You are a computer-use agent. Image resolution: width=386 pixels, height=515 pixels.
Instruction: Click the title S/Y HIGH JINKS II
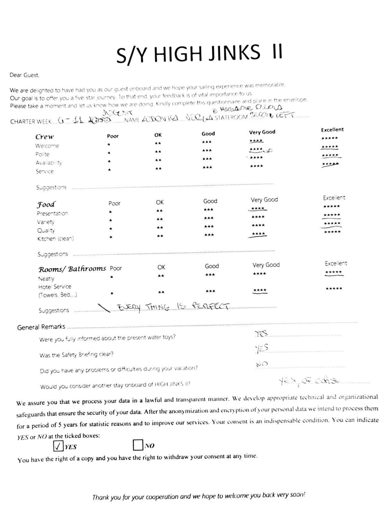click(x=199, y=53)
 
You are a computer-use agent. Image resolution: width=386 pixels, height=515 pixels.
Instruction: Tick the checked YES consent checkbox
click(x=58, y=446)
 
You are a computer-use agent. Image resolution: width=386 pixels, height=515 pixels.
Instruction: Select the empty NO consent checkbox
click(x=138, y=445)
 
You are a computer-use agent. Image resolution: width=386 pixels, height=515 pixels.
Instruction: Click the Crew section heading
click(x=44, y=137)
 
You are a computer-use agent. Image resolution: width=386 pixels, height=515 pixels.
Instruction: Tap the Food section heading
click(x=46, y=205)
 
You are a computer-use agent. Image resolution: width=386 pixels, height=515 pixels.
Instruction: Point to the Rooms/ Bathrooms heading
click(x=72, y=269)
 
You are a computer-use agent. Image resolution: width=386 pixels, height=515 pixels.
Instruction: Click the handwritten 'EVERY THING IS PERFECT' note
click(x=174, y=306)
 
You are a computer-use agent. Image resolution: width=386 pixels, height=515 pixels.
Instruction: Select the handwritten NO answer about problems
click(x=262, y=364)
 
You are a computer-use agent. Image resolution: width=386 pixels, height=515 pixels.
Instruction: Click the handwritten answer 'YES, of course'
click(x=309, y=381)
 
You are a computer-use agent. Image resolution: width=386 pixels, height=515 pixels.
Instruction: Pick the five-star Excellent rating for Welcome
click(x=330, y=138)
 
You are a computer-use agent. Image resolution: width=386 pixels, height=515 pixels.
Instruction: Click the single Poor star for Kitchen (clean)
click(x=111, y=237)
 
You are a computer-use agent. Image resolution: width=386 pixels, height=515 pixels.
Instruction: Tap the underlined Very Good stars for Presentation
click(x=258, y=209)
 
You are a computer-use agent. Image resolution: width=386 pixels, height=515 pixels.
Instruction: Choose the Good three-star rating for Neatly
click(x=210, y=275)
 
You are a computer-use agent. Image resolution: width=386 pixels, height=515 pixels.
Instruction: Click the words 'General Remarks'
click(x=41, y=327)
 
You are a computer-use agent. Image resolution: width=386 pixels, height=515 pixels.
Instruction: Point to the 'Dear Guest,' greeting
click(x=24, y=75)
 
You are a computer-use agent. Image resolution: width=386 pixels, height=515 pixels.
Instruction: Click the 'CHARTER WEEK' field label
click(x=31, y=122)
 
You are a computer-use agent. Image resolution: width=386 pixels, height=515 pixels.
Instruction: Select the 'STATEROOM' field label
click(x=231, y=117)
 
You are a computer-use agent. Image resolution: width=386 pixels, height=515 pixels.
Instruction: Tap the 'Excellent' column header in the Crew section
click(x=332, y=130)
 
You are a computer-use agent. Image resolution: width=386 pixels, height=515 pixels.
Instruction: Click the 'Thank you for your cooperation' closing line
click(x=198, y=496)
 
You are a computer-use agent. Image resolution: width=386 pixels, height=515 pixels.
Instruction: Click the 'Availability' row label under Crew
click(x=49, y=163)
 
